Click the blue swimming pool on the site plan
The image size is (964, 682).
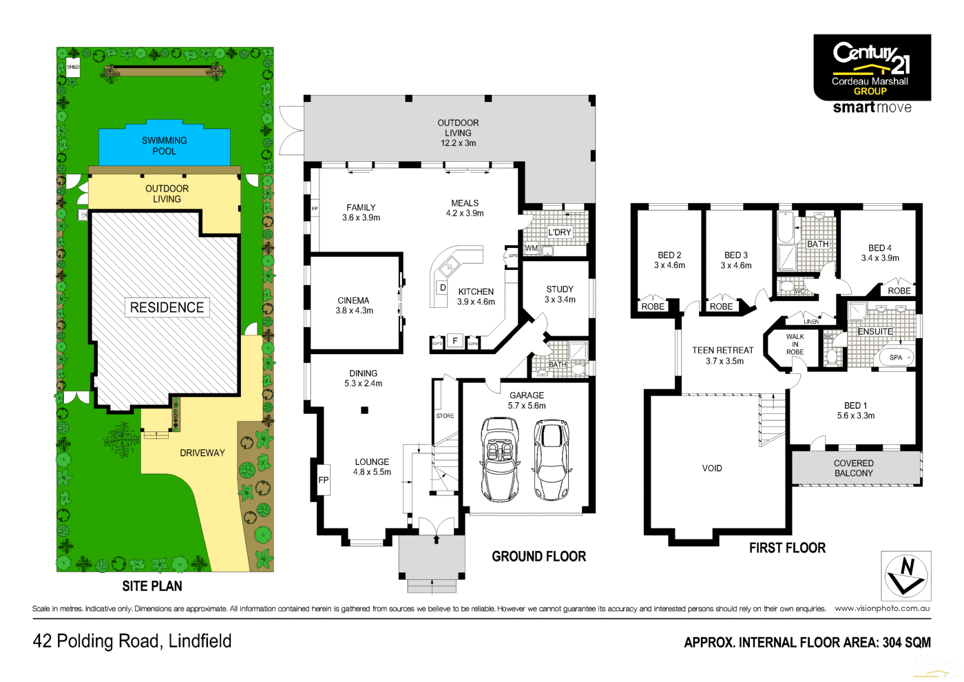click(x=165, y=145)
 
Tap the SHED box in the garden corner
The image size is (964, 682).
click(x=73, y=67)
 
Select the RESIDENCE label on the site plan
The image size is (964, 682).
click(x=167, y=307)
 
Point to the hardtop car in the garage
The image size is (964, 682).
click(x=552, y=459)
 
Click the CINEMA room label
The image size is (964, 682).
click(x=354, y=305)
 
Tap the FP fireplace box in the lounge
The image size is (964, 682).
click(x=323, y=479)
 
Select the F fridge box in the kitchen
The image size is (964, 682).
click(x=454, y=341)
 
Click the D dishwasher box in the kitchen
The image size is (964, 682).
click(x=442, y=287)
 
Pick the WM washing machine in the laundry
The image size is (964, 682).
click(x=532, y=248)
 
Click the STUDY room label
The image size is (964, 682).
click(x=560, y=294)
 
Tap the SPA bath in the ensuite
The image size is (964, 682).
click(x=896, y=358)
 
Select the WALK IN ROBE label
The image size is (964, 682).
click(x=795, y=344)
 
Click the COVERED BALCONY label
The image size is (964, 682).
click(x=854, y=468)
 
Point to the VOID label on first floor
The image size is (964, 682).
click(x=712, y=468)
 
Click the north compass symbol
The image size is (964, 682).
click(x=906, y=576)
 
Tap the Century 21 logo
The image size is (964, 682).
click(x=872, y=68)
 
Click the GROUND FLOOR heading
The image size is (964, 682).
click(x=538, y=557)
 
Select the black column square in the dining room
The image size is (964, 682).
click(x=365, y=411)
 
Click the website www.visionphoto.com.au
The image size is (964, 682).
click(x=882, y=608)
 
